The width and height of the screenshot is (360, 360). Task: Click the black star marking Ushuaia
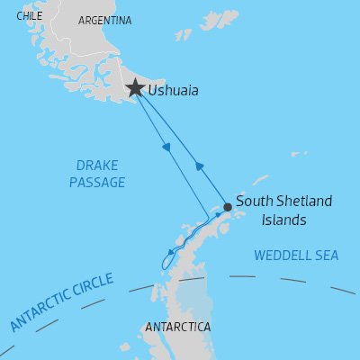(135, 88)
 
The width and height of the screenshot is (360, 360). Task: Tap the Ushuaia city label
(174, 91)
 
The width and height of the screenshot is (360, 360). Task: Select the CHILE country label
(29, 15)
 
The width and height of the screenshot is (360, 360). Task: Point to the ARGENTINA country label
(104, 20)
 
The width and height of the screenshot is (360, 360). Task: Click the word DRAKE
(96, 166)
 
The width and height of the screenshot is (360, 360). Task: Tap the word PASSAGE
(96, 183)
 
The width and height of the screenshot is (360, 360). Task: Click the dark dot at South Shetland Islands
(228, 207)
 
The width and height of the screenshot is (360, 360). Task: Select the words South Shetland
(283, 201)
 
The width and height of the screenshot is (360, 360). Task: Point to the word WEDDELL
(283, 256)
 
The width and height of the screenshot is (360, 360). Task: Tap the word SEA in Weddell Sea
(326, 256)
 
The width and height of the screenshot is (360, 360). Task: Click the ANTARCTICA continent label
(177, 325)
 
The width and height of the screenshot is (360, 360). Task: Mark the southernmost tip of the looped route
(163, 267)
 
